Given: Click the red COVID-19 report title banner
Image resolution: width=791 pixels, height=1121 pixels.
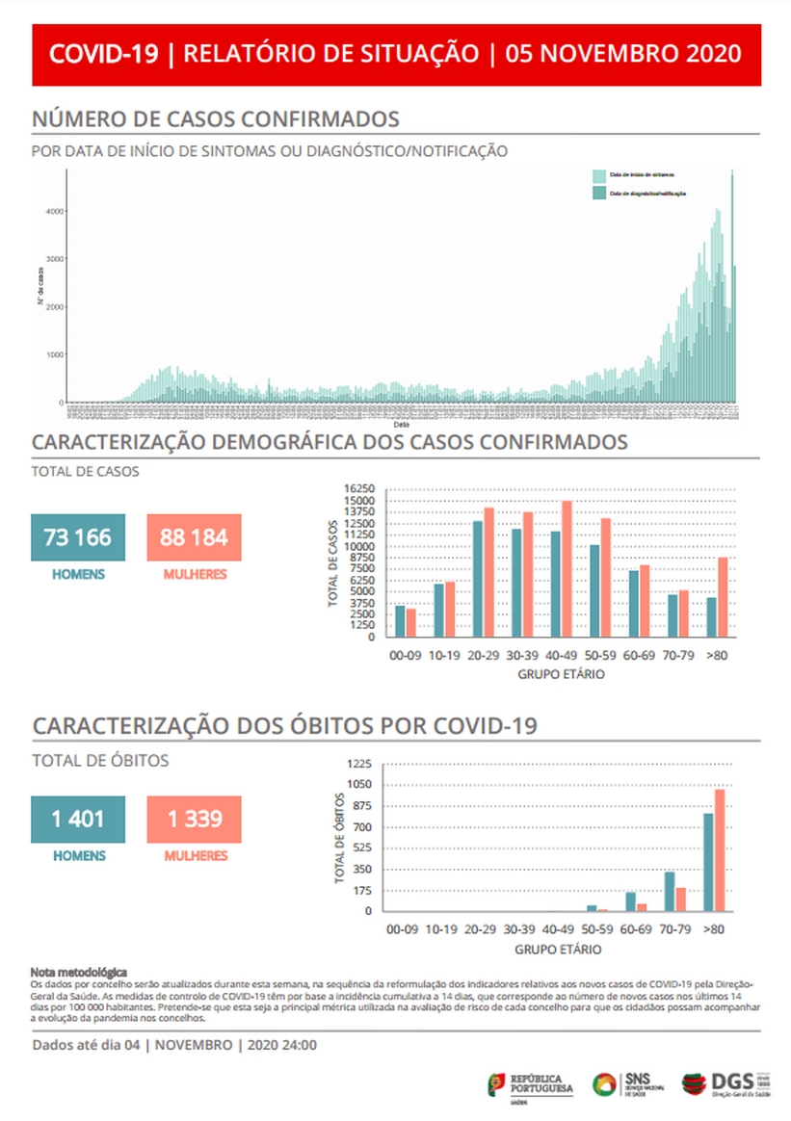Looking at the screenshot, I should [x=395, y=53].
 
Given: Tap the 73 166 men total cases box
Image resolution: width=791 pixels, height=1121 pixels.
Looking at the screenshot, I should [x=78, y=537].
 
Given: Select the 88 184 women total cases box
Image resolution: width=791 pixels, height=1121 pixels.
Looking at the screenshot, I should [x=194, y=537].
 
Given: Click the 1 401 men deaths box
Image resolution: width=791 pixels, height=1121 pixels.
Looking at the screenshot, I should [x=78, y=820].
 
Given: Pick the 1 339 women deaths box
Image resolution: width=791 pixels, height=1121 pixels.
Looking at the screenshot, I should [x=194, y=820].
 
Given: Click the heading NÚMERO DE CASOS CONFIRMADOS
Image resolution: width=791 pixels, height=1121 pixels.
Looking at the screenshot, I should [x=216, y=119].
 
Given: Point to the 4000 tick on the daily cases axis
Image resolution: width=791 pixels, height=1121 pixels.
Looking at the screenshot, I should [x=56, y=211].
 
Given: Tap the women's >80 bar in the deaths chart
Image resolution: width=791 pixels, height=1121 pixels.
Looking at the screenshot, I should [x=719, y=849].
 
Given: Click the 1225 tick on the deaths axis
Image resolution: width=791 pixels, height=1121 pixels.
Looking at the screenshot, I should [x=360, y=764].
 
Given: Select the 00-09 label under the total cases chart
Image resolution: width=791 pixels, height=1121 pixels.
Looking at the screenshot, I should [x=406, y=655].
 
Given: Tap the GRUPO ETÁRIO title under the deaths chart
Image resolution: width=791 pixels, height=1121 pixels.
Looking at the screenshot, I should [x=559, y=950].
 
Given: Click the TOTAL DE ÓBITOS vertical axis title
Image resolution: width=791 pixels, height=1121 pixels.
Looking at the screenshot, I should [x=339, y=838].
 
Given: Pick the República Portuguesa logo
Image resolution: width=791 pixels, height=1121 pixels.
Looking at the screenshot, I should [x=530, y=1084].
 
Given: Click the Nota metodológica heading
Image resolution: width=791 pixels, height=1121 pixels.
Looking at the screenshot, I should [x=78, y=974].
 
